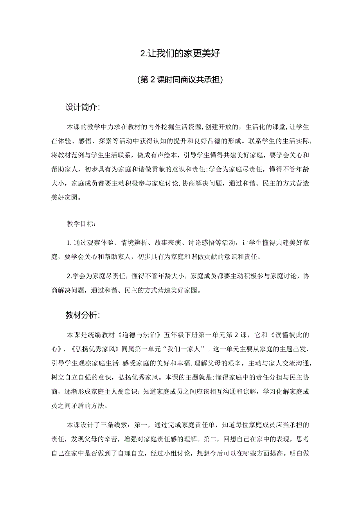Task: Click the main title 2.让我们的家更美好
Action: [180, 54]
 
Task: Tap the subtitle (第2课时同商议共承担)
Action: [180, 80]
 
